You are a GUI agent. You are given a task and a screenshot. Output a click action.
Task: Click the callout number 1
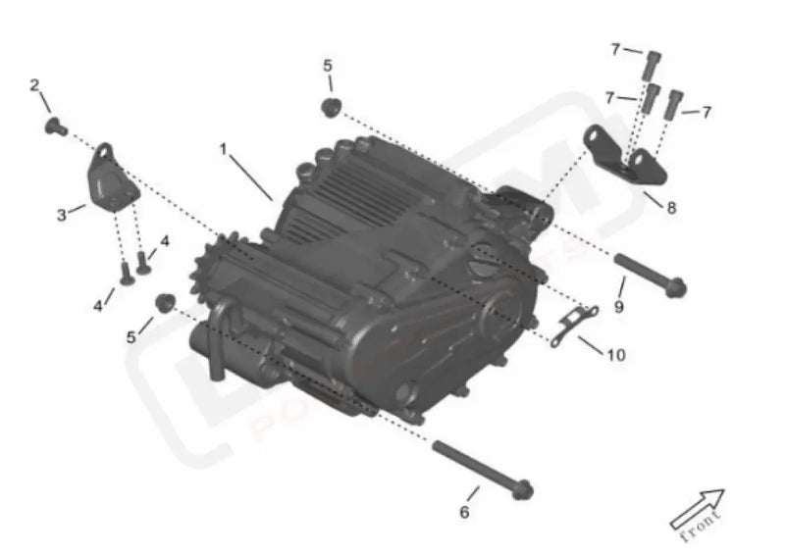click(224, 150)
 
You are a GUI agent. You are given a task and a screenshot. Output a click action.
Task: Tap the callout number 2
click(34, 85)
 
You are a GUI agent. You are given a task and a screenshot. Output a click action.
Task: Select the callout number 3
click(62, 213)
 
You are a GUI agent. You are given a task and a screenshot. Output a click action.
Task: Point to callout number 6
click(464, 512)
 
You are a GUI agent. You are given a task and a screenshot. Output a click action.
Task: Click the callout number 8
click(671, 208)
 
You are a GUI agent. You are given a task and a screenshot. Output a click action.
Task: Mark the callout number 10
click(615, 355)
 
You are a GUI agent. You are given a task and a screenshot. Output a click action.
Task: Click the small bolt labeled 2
click(55, 126)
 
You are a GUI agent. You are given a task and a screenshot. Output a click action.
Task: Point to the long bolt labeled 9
click(649, 275)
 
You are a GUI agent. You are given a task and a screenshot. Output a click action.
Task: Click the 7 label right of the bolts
click(705, 112)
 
